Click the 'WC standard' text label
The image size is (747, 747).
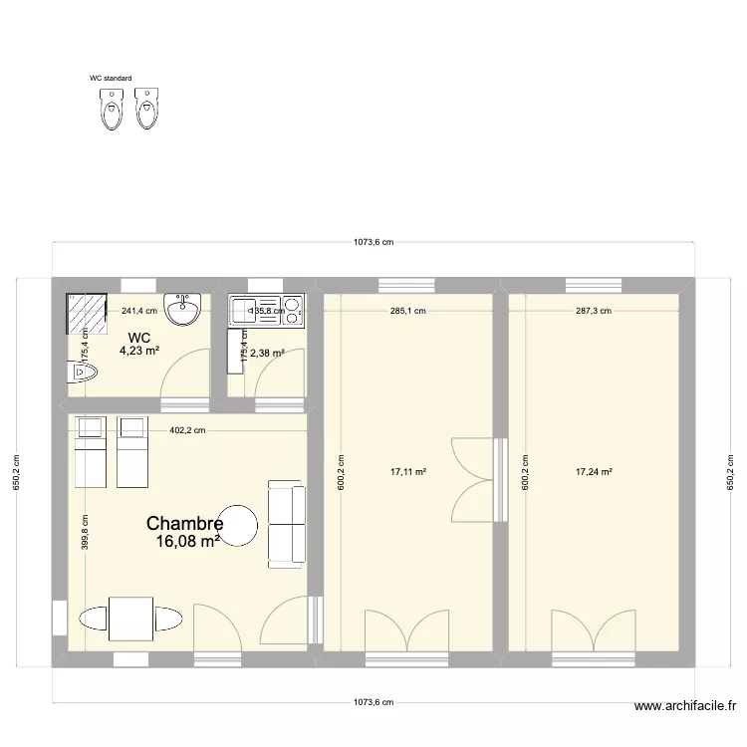point(111,77)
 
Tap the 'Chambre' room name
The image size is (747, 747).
point(184,523)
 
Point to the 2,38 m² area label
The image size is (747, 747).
point(268,353)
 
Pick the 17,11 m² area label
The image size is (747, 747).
point(408,472)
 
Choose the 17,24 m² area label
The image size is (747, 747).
point(594,472)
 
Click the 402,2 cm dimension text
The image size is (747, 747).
point(187,430)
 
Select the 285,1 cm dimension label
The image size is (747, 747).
point(408,311)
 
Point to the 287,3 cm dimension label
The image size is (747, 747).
point(594,311)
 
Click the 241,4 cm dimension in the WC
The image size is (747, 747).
point(138,311)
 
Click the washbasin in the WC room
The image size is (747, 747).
point(185,310)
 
